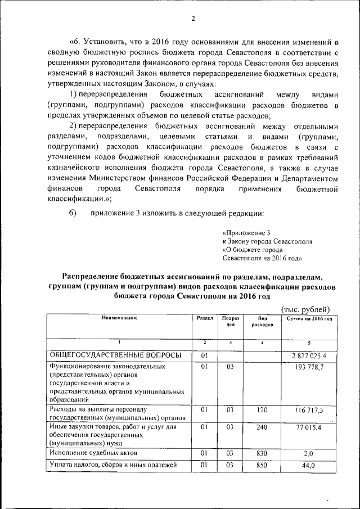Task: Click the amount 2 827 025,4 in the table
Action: [309, 356]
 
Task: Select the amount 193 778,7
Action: [309, 368]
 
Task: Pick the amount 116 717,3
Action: [309, 411]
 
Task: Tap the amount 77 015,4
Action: [309, 429]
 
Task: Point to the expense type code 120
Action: [262, 411]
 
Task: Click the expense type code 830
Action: [262, 453]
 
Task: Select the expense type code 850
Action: [262, 465]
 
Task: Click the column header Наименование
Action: [119, 318]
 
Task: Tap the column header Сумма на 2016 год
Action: [309, 319]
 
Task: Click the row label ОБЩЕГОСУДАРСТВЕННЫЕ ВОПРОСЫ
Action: [115, 355]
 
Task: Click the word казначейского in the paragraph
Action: [81, 168]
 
